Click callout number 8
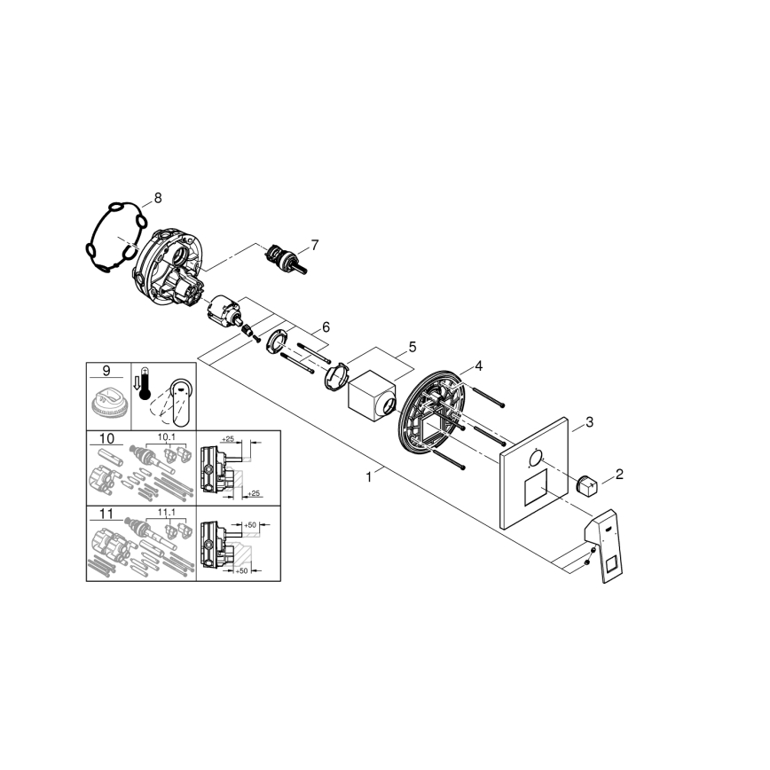tap(158, 198)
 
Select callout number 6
tap(326, 326)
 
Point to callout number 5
tap(411, 345)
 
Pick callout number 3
tap(588, 422)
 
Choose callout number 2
tap(619, 473)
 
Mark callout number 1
tap(368, 476)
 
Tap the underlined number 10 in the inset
tap(106, 439)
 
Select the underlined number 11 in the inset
tap(106, 513)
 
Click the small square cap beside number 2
tap(586, 486)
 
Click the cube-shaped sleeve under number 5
tap(371, 397)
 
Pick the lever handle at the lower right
tap(603, 543)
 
